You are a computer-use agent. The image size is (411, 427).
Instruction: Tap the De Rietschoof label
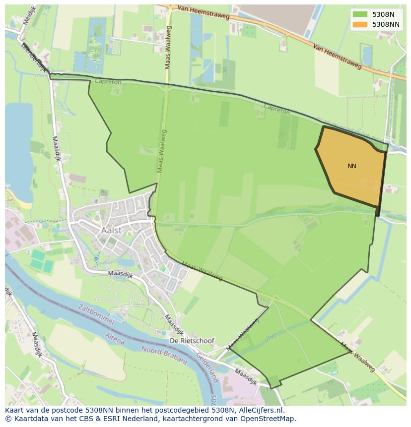point(192,341)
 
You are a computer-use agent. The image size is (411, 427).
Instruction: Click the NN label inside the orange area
point(351,166)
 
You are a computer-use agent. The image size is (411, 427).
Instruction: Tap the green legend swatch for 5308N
point(360,14)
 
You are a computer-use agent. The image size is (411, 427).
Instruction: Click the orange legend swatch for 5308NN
point(360,24)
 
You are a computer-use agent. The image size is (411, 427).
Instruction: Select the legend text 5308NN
point(386,24)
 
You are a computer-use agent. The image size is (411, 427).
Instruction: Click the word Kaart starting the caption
point(15,411)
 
